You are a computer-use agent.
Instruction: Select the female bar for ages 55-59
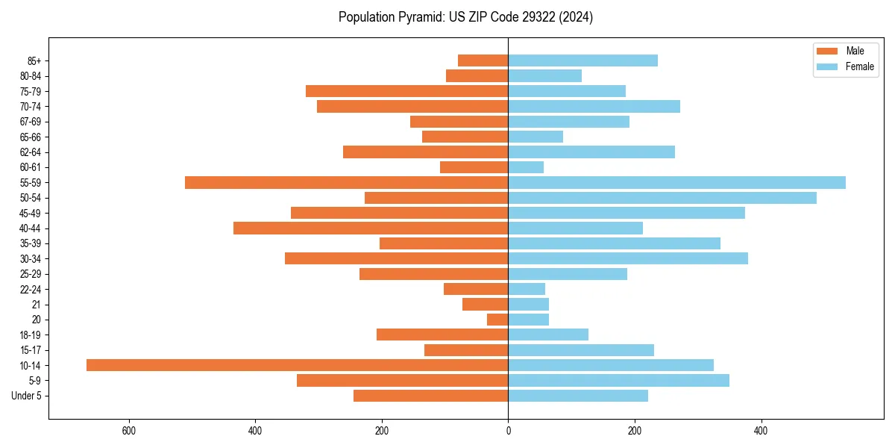676,182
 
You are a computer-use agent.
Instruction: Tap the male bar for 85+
483,60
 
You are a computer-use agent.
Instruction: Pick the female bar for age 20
528,320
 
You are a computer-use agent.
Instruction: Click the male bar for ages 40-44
371,228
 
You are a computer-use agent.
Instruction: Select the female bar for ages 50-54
662,198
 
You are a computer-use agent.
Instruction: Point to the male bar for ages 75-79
406,91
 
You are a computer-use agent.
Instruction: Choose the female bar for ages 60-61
526,167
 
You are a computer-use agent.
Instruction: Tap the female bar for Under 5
578,396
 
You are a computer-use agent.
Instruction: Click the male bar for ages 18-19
442,335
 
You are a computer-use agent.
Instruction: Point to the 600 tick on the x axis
129,431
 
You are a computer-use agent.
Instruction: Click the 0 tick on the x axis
508,431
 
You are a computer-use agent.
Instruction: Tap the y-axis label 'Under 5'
26,396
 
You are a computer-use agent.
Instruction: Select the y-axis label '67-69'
31,122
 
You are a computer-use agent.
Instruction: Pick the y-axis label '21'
37,305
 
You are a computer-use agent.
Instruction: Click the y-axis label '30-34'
31,259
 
